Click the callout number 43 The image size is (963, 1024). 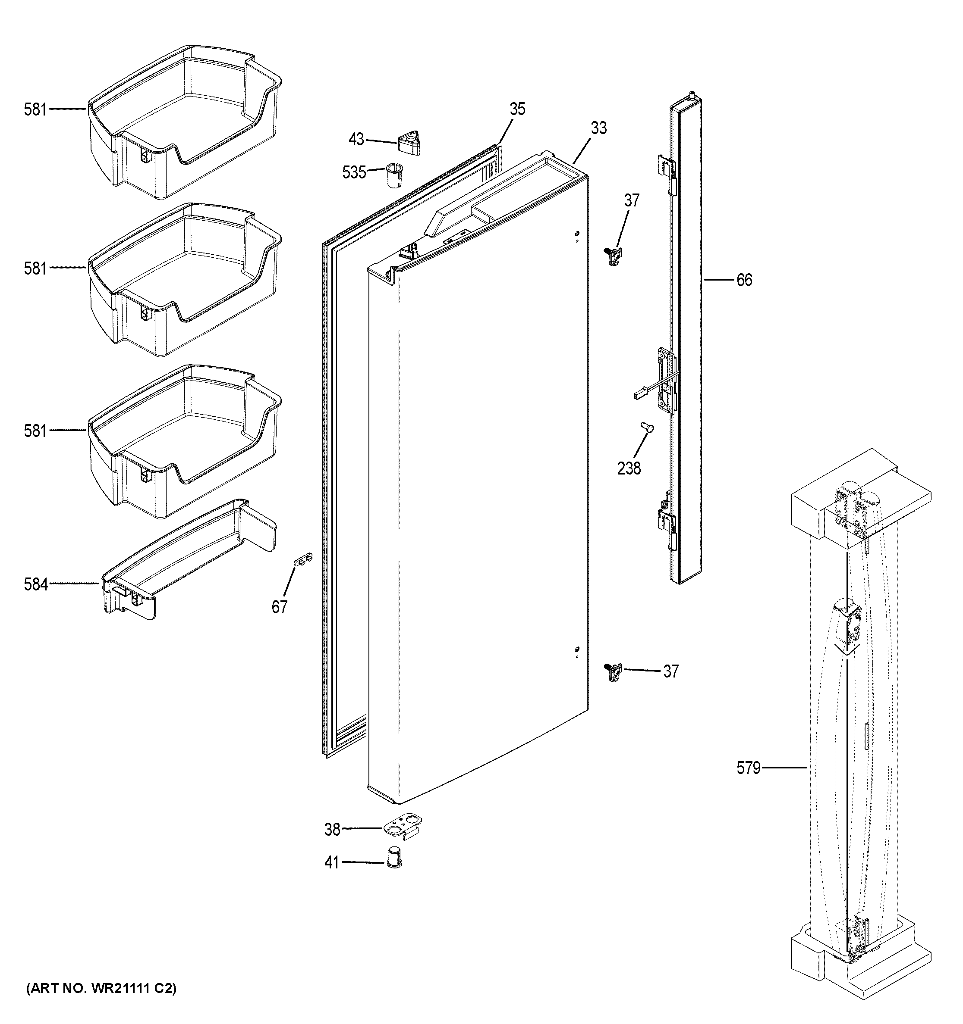356,140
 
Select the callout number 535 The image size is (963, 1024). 354,172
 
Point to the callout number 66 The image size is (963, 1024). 744,280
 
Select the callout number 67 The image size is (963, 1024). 280,607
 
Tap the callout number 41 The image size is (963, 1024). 332,877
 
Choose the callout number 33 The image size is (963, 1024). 598,128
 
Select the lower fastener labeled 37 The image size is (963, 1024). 614,672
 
